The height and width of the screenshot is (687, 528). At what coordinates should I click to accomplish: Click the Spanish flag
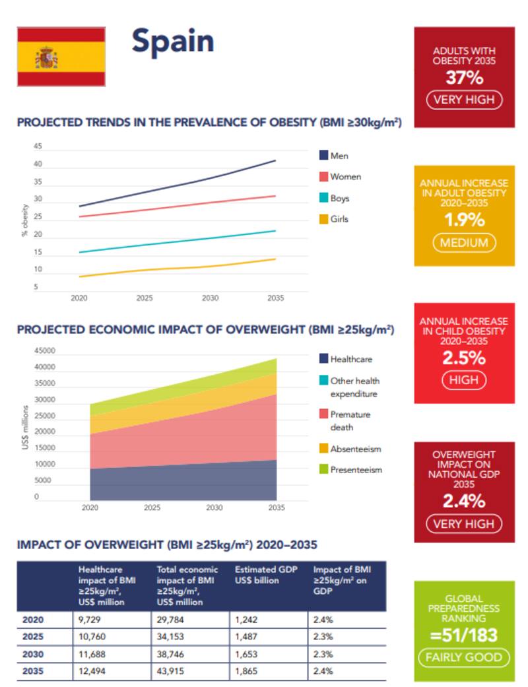(61, 57)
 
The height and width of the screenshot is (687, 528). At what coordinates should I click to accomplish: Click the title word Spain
(172, 41)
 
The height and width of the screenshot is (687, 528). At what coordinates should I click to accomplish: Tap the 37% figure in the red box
(464, 78)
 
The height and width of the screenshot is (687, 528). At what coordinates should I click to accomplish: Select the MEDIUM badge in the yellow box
(464, 242)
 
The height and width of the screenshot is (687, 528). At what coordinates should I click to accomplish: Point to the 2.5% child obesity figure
(464, 358)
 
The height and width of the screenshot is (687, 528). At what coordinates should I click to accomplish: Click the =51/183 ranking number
(464, 636)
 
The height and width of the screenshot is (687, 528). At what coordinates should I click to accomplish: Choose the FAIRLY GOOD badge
(464, 657)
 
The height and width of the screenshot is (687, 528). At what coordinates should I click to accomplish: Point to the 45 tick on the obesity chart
(37, 147)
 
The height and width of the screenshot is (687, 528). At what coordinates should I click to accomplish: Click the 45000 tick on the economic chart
(46, 351)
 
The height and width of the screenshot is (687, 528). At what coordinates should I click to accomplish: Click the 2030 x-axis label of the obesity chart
(210, 298)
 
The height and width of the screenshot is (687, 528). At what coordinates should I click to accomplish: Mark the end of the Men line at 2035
(275, 160)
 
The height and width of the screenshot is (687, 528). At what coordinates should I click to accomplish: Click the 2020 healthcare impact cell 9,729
(89, 620)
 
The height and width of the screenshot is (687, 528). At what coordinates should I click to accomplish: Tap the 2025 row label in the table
(33, 637)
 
